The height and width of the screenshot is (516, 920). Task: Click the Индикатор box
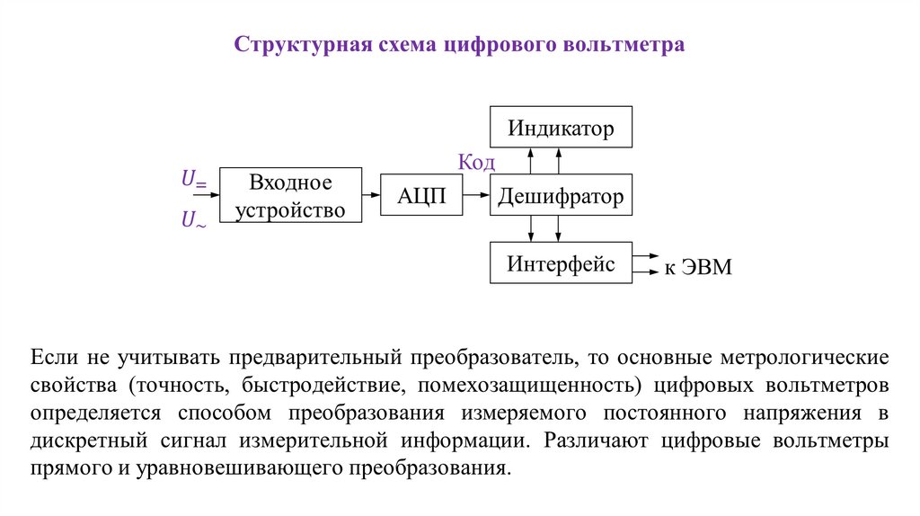[561, 127]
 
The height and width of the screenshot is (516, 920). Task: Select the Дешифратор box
[561, 196]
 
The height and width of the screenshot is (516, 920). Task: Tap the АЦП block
[421, 196]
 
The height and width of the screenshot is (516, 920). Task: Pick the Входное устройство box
[291, 196]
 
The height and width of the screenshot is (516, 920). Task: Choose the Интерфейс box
[561, 263]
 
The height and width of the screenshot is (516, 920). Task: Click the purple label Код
[477, 162]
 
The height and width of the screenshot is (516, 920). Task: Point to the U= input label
[194, 181]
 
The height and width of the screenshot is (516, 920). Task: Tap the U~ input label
[194, 218]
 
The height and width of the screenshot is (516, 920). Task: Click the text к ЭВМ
[698, 267]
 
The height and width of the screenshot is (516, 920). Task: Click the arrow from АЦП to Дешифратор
[475, 194]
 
